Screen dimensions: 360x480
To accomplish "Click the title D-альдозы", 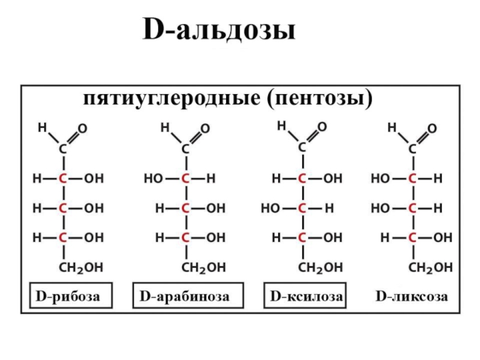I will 219,31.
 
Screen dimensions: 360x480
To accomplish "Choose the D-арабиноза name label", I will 184,296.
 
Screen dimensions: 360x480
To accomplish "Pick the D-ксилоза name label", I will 307,296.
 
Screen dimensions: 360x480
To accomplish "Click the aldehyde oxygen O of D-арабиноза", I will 205,129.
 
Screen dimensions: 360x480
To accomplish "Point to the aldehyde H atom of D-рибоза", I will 42,128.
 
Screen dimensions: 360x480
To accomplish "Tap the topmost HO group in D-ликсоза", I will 379,179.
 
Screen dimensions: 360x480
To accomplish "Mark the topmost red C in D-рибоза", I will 62,179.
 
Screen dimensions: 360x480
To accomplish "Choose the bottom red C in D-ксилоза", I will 302,238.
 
